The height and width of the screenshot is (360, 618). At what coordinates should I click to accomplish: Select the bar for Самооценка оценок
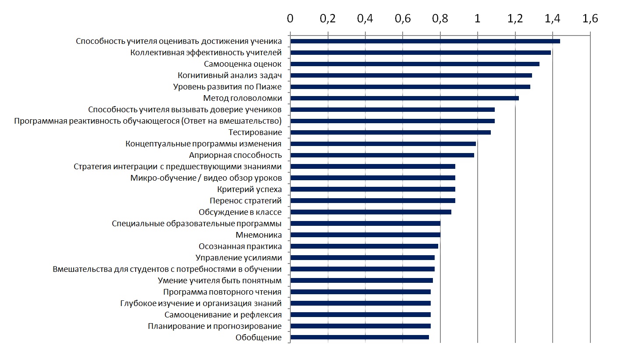point(414,64)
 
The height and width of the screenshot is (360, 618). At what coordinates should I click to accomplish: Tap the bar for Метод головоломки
point(404,98)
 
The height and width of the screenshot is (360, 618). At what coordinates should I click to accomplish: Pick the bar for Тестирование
point(390,132)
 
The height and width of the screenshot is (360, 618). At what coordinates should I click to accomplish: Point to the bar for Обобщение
point(359,337)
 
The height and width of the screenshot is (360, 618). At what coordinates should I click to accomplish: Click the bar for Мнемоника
point(365,235)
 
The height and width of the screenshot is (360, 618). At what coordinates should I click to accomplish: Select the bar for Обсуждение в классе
point(371,212)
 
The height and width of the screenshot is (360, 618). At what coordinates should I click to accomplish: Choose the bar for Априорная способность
point(382,155)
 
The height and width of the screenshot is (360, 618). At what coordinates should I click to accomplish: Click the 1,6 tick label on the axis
point(590,19)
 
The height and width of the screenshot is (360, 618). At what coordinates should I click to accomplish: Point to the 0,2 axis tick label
point(328,19)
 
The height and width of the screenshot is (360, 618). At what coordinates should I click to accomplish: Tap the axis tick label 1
point(478,19)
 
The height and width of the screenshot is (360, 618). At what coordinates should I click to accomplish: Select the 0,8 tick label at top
point(440,19)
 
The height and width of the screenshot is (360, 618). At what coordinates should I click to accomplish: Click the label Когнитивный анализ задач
point(229,75)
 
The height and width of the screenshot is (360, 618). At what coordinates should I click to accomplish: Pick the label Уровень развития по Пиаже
point(227,87)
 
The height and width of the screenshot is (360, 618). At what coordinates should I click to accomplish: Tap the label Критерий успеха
point(249,189)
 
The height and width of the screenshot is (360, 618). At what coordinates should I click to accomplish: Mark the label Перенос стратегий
point(246,201)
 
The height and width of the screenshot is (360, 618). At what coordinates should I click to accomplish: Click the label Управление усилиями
point(238,258)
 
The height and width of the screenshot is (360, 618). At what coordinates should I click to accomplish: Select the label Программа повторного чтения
point(222,292)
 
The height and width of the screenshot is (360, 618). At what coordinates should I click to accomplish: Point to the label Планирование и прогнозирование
point(214,326)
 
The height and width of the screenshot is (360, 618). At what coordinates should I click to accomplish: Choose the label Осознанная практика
point(240,246)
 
